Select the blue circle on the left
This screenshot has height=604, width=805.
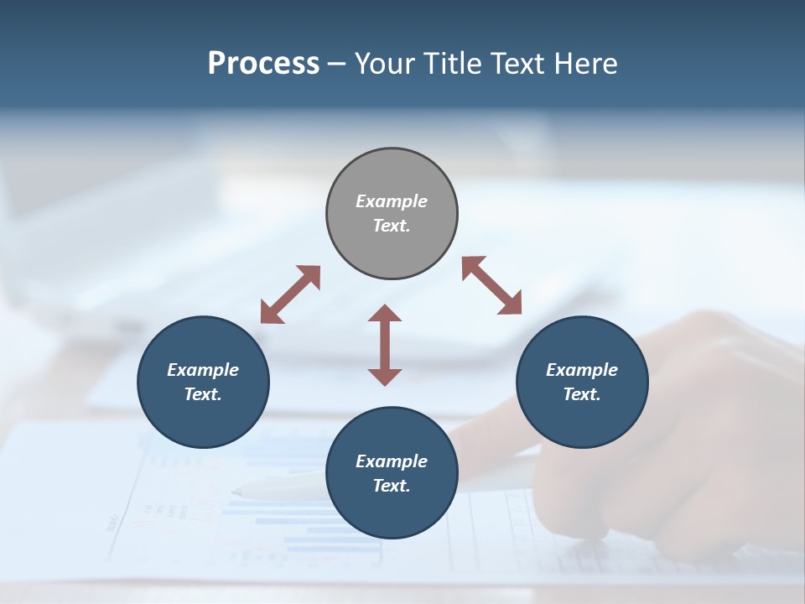tap(203, 419)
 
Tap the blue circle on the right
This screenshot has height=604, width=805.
tap(582, 419)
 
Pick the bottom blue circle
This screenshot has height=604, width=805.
tap(392, 511)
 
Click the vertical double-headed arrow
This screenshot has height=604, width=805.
tap(385, 345)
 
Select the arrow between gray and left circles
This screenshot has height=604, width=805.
tap(290, 294)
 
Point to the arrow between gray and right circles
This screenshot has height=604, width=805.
tap(492, 285)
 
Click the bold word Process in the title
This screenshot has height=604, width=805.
tap(263, 64)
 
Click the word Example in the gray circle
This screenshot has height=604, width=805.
tap(392, 201)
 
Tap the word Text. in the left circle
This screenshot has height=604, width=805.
tap(203, 394)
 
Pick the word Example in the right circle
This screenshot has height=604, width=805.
tap(582, 370)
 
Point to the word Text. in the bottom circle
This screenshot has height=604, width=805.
tap(392, 486)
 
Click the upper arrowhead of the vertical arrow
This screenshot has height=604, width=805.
tap(385, 314)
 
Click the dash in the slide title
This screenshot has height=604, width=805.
tap(337, 64)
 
